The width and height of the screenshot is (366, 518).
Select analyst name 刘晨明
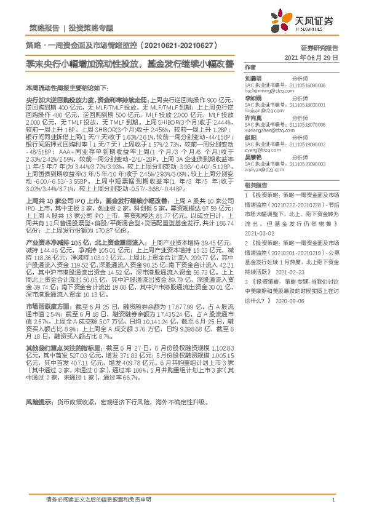click(x=253, y=79)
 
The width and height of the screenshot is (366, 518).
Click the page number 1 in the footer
click(x=333, y=501)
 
